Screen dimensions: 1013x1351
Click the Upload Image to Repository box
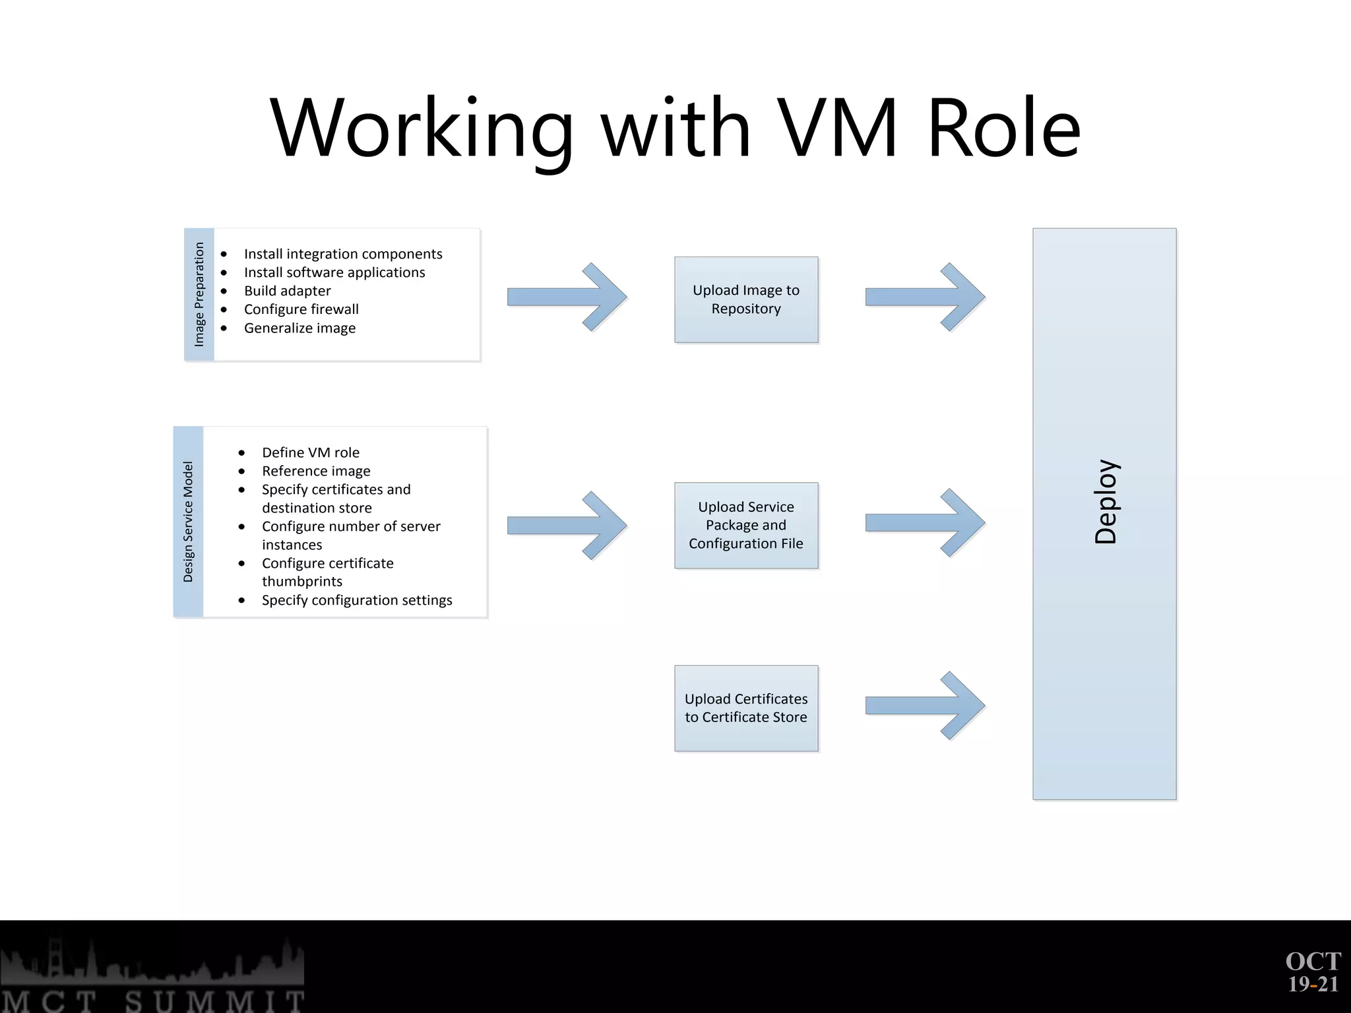coord(746,299)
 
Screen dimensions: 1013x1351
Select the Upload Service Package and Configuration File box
coord(746,525)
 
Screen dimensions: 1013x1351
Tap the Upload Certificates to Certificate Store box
coord(746,708)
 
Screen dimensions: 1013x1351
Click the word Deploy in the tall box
coord(1106,501)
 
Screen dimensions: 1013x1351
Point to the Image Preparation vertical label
coord(199,294)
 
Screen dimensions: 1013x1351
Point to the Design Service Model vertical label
coord(188,522)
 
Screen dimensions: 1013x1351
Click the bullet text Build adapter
coord(287,291)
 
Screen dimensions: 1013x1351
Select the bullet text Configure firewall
coord(301,309)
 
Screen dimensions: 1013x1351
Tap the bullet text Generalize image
coord(299,328)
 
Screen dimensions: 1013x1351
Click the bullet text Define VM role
coord(310,452)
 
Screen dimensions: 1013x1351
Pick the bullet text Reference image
coord(316,471)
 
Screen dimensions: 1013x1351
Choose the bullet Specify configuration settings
coord(357,600)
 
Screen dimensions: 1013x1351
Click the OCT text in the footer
coord(1313,962)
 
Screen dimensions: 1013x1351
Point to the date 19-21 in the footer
coord(1313,985)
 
